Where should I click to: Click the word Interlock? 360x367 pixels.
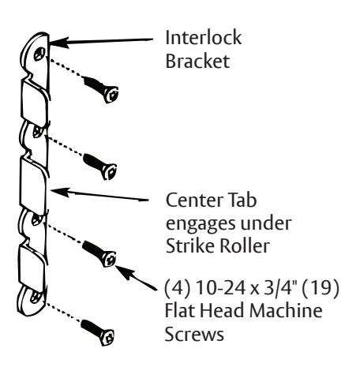click(204, 38)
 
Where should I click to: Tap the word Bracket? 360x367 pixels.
click(197, 61)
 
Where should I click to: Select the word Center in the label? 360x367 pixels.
click(192, 200)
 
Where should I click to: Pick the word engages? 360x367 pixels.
click(201, 224)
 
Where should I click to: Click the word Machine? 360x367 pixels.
click(286, 310)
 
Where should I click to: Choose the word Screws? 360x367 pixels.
click(194, 334)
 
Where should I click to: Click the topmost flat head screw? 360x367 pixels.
click(101, 89)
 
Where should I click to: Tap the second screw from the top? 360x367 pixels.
click(100, 167)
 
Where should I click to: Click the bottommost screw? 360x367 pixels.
click(97, 332)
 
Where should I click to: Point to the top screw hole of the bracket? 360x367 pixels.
click(39, 54)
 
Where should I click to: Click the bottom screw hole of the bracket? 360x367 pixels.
click(35, 298)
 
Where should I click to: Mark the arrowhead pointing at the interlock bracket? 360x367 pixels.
click(58, 43)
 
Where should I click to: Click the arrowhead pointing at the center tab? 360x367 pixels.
click(60, 192)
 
